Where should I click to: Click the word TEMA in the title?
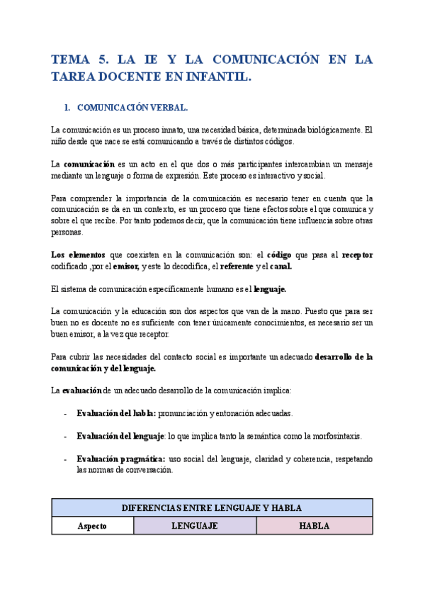tap(73, 60)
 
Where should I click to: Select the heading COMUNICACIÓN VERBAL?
tap(132, 108)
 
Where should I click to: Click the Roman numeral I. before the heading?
tap(67, 108)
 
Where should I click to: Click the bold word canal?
tap(278, 266)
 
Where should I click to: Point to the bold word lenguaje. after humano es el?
tap(270, 289)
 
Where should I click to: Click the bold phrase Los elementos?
tap(79, 254)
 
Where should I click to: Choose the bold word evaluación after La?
tap(82, 391)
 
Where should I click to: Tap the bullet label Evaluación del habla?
tap(118, 413)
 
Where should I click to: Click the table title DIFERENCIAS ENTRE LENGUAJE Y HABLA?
tap(212, 507)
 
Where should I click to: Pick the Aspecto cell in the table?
tap(92, 526)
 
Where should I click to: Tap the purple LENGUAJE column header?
tap(194, 526)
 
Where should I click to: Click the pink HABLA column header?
tap(314, 526)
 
